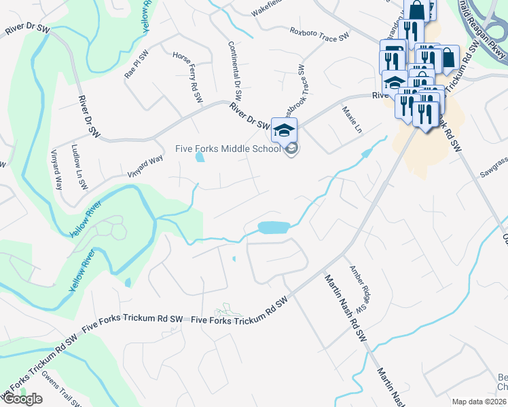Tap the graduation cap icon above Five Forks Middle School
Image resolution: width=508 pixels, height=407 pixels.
(285, 129)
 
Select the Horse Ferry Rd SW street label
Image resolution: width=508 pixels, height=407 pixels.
(188, 78)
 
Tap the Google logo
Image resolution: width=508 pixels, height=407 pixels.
(22, 399)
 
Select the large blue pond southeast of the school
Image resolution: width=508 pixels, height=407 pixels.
(274, 227)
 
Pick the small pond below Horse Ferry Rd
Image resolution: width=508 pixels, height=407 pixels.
(200, 158)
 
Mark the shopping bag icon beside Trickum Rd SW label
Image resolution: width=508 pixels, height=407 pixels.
(448, 58)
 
